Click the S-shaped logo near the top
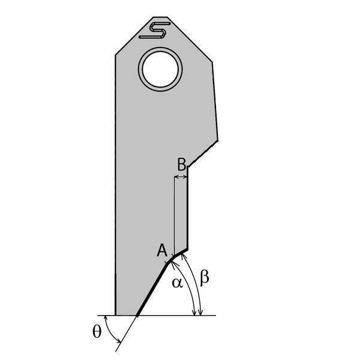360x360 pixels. click(155, 30)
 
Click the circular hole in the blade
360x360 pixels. click(160, 70)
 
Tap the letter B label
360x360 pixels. click(182, 164)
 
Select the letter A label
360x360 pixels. click(161, 251)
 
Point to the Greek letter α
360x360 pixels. click(177, 283)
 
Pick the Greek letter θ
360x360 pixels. click(97, 332)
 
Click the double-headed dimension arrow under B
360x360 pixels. click(181, 177)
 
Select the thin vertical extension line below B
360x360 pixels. click(174, 216)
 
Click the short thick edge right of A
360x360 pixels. click(181, 253)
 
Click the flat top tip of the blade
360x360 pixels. click(160, 17)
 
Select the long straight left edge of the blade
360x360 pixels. click(115, 180)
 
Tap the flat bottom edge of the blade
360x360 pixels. click(127, 315)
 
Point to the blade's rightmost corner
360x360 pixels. click(217, 140)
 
